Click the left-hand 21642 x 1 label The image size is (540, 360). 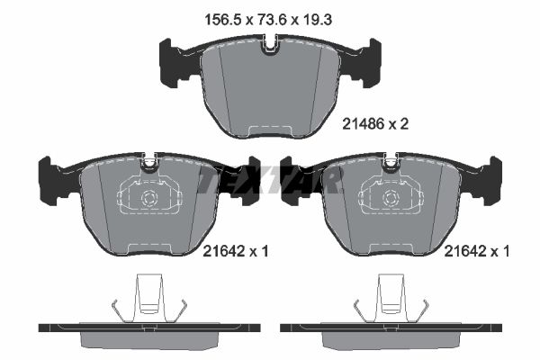(228, 254)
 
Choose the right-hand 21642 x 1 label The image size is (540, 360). (477, 254)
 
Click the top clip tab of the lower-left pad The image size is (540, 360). (150, 162)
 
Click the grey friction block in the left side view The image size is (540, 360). (150, 339)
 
